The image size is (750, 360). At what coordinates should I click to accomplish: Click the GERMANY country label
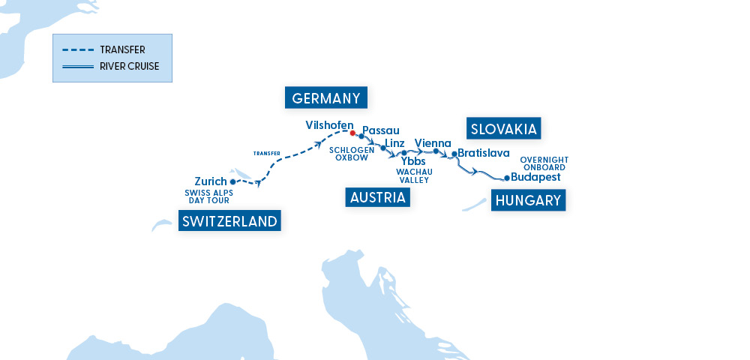pos(327,98)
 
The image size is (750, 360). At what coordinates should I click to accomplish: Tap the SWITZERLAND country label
pos(229,220)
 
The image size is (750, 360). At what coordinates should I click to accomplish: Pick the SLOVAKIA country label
pos(503,129)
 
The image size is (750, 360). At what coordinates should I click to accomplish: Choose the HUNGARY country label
pos(528,200)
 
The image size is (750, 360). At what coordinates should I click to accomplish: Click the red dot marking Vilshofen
pos(352,133)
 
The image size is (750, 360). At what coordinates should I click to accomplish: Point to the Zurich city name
pos(210,181)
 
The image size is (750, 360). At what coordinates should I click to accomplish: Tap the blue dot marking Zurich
pos(233,181)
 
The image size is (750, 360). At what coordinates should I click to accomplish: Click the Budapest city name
pos(535,178)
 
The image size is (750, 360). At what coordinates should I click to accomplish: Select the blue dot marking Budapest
pos(507,178)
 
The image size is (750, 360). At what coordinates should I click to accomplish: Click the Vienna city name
pos(433,143)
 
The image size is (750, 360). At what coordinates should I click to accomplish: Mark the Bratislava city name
pos(484,153)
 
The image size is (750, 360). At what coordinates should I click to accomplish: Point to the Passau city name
pos(381,130)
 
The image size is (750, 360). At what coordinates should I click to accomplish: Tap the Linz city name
pos(394,143)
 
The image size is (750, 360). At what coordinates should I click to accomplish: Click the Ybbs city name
pos(413,161)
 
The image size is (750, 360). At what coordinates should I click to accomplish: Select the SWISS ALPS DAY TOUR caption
pos(208,196)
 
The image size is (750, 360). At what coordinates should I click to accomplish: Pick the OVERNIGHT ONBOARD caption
pos(544,163)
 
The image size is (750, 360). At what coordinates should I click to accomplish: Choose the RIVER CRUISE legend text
pos(129,66)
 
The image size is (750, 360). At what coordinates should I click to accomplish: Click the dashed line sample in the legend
pos(77,50)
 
